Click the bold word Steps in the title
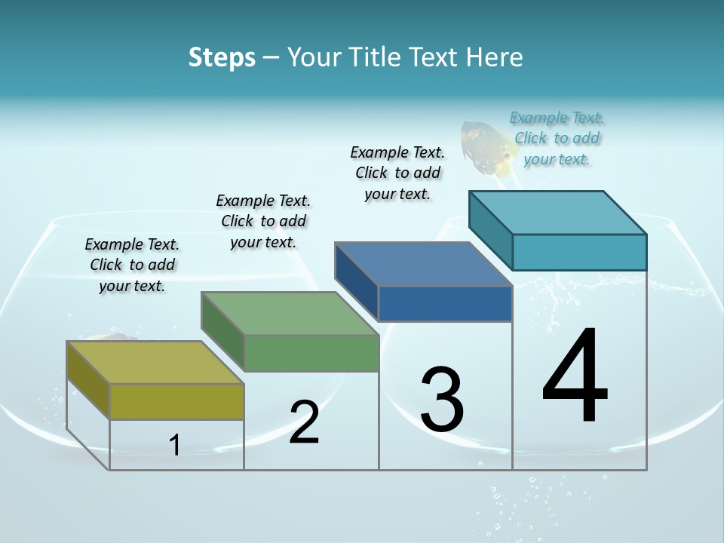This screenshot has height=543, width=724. (222, 57)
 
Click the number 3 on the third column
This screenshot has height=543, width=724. (442, 400)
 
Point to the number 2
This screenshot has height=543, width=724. (304, 422)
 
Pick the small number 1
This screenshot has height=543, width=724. (175, 445)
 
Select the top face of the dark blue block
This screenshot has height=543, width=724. (424, 264)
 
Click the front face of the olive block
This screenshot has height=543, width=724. (176, 401)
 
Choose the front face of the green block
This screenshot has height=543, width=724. (311, 353)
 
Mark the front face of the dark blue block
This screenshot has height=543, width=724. (445, 303)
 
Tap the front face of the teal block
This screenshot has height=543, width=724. (579, 252)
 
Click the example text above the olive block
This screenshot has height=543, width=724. (132, 265)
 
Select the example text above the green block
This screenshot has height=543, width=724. (263, 221)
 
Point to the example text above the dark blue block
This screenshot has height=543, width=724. (397, 173)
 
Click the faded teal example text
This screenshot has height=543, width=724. (557, 138)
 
